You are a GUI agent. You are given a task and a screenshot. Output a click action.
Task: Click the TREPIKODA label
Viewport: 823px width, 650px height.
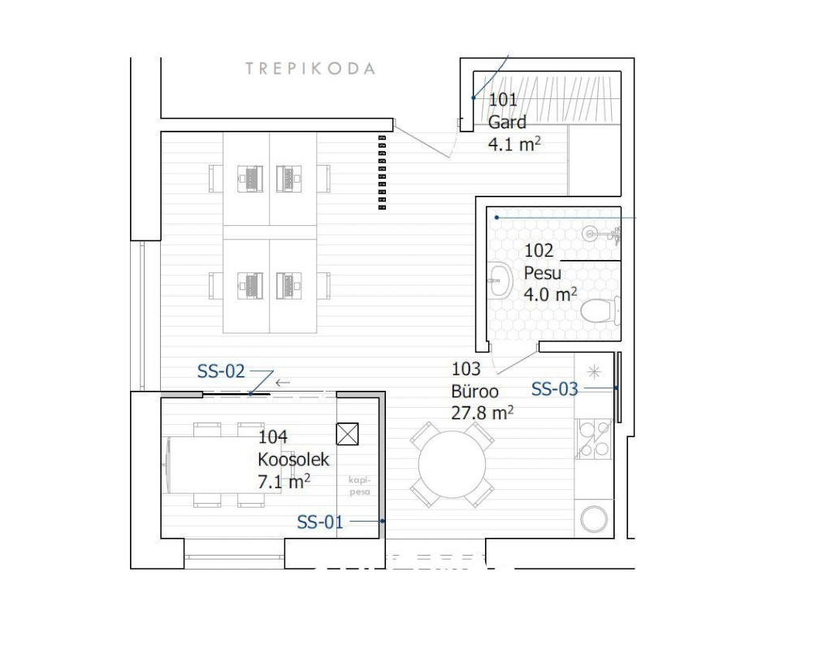[x=310, y=68]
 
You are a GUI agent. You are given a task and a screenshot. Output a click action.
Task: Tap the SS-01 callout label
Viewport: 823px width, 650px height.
[x=320, y=522]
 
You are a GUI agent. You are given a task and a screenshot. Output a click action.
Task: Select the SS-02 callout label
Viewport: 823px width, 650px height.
[x=221, y=371]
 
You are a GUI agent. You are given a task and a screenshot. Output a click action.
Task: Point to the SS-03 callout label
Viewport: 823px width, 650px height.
[x=555, y=389]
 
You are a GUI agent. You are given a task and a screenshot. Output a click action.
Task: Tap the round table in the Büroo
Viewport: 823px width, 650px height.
[x=452, y=464]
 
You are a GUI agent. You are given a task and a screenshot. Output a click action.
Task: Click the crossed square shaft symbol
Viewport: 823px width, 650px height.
[x=348, y=434]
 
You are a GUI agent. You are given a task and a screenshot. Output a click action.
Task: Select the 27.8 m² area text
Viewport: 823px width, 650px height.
[x=483, y=413]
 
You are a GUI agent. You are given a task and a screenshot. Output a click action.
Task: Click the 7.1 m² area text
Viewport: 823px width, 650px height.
[x=284, y=481]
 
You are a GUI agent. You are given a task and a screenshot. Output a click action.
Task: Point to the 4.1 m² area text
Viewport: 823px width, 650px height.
[x=514, y=144]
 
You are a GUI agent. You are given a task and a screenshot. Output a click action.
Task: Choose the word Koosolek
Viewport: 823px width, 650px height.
[x=293, y=459]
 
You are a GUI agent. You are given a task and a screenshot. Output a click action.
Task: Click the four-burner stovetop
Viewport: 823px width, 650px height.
[x=594, y=439]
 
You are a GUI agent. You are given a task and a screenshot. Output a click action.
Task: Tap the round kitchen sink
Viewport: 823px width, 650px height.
[x=594, y=518]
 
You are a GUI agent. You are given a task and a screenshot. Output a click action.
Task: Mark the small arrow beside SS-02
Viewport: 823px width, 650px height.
[x=283, y=383]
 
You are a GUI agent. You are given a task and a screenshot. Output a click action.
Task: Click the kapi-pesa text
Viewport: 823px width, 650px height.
[x=360, y=486]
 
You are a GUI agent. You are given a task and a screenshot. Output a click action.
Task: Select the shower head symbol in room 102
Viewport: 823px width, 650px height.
[x=601, y=234]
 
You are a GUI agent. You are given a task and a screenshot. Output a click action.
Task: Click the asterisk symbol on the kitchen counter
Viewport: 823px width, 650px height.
[x=594, y=372]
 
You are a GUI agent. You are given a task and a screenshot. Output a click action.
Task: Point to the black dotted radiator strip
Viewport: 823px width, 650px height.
[x=382, y=173]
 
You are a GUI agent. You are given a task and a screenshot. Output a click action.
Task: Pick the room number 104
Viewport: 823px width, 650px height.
[x=273, y=437]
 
